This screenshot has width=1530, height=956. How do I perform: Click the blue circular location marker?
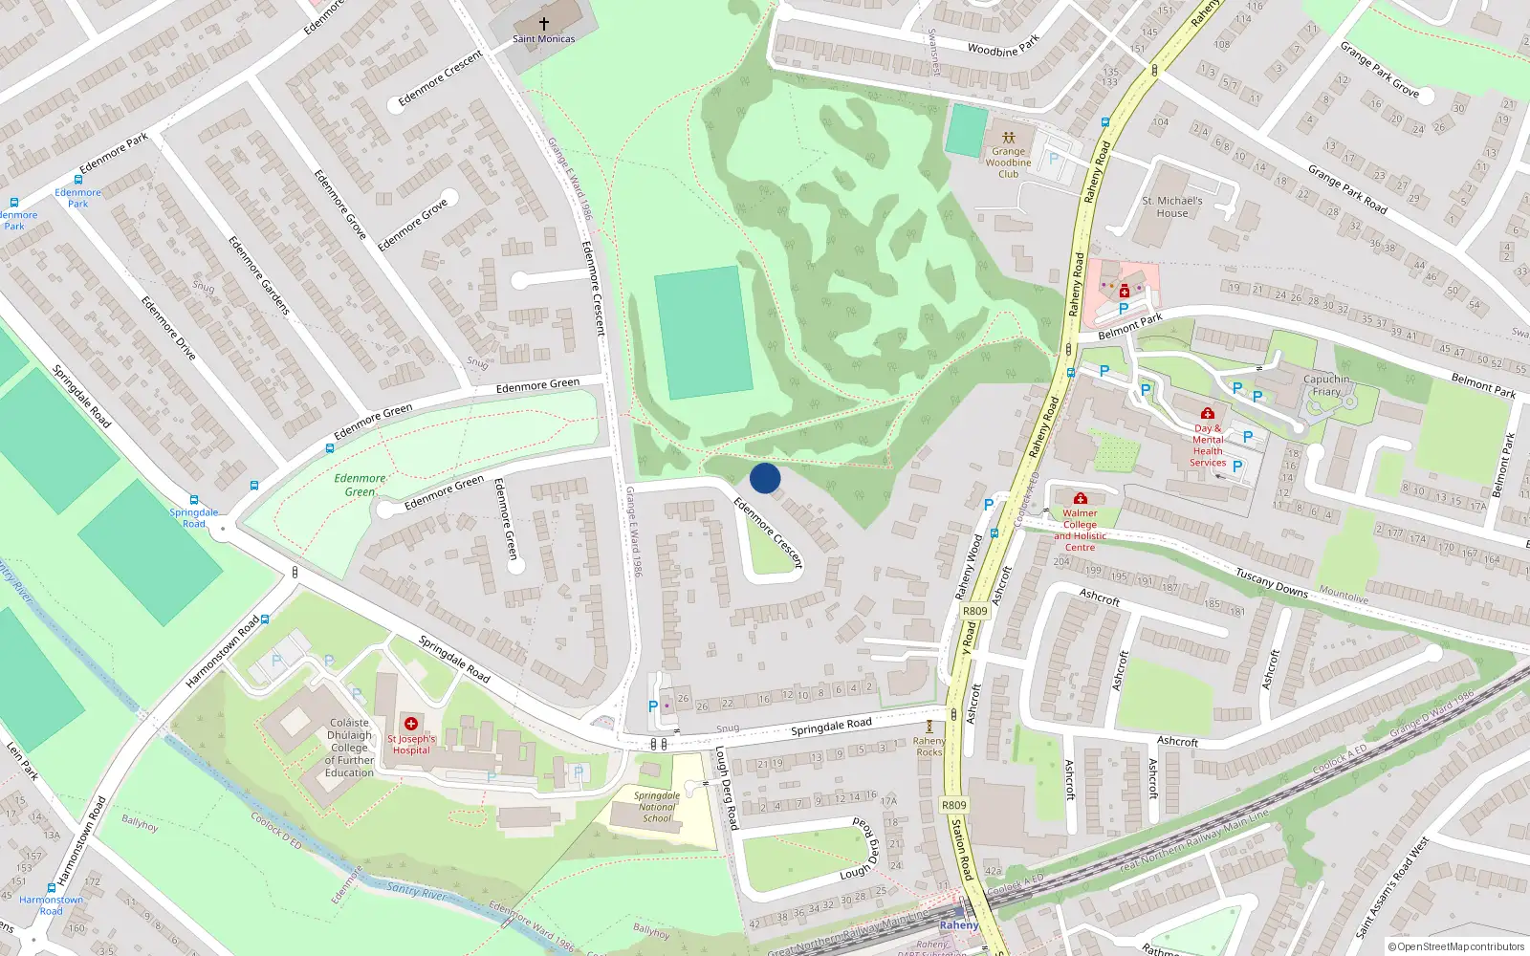tap(765, 478)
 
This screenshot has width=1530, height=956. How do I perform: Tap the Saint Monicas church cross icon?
tap(544, 23)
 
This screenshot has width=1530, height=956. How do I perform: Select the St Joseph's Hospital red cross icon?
tap(411, 724)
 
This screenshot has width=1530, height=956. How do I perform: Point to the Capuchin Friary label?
tap(1326, 385)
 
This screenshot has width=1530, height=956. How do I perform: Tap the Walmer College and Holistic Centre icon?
tap(1080, 498)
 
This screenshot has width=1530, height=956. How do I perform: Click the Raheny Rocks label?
tap(929, 747)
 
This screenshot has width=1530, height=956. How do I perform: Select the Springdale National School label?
tap(657, 807)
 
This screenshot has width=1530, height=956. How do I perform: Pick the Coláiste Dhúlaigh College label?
tap(350, 748)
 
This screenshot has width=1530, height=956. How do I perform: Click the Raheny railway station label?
tap(958, 924)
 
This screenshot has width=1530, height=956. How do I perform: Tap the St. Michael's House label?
tap(1172, 206)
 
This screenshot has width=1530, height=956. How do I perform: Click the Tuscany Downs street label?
tap(1271, 582)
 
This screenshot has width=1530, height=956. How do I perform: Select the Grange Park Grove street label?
tap(1379, 69)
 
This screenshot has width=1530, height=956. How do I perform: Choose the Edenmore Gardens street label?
tap(259, 275)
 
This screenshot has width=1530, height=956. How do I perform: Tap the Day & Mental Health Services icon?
tap(1208, 413)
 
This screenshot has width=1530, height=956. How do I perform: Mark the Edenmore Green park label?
tap(361, 485)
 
